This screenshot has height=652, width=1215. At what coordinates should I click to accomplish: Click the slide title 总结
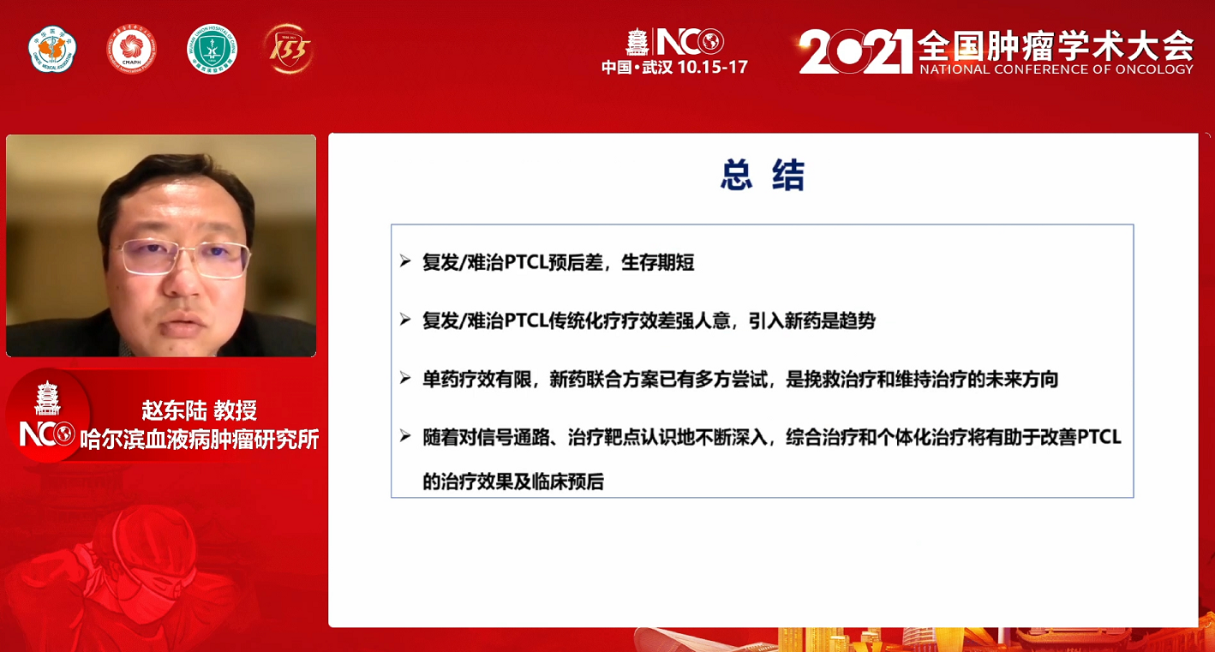click(x=762, y=175)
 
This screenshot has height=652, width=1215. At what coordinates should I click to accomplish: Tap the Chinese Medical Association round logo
click(x=52, y=50)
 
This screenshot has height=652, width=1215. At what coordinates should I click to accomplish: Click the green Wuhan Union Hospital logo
click(x=212, y=50)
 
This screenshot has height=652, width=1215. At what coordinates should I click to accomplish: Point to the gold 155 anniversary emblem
click(x=289, y=50)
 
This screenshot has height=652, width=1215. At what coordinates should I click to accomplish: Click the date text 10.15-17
click(x=713, y=68)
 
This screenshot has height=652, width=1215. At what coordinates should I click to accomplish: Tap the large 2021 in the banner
click(x=855, y=51)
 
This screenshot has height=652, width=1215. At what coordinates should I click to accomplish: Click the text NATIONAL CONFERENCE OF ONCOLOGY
click(x=1056, y=69)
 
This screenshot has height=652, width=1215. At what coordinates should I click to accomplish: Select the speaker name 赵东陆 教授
click(x=199, y=410)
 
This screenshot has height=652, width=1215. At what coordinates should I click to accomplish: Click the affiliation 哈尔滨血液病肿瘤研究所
click(x=199, y=440)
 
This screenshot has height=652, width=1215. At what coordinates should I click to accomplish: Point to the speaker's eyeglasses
click(x=181, y=258)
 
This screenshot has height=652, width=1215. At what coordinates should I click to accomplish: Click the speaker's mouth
click(x=183, y=327)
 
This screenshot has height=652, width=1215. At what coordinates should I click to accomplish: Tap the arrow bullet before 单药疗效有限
click(x=404, y=378)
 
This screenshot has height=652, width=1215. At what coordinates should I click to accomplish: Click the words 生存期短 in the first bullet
click(x=657, y=262)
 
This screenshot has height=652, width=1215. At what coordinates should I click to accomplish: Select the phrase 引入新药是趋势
click(x=812, y=321)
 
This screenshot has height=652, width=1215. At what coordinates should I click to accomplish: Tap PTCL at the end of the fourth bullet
click(x=1098, y=437)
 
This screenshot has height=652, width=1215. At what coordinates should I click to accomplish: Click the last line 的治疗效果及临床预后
click(x=513, y=482)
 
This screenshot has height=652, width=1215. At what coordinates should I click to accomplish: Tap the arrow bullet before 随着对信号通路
click(x=404, y=436)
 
